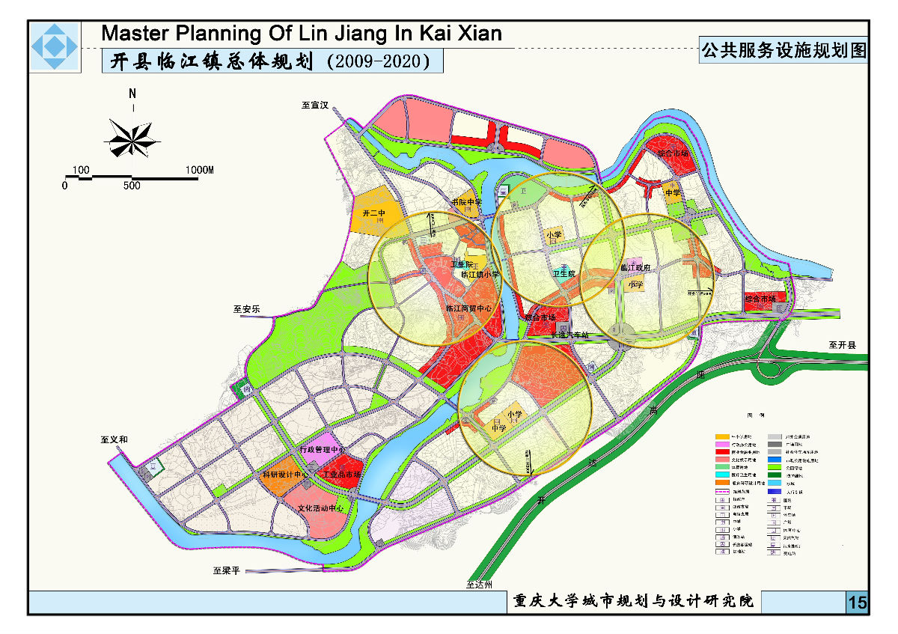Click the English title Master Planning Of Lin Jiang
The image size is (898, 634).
[x=301, y=34]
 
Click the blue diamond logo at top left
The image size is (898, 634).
[x=54, y=47]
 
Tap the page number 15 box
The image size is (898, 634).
[x=858, y=603]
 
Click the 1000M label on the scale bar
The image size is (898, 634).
[x=199, y=171]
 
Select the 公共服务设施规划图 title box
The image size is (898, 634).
[x=783, y=51]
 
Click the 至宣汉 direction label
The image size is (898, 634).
[x=315, y=106]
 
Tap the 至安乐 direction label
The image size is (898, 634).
[x=245, y=308]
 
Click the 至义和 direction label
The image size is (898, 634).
[x=114, y=440]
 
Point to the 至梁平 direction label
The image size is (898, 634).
[x=225, y=571]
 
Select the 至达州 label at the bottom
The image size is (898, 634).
[x=479, y=585]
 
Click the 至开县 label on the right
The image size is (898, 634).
[x=846, y=346]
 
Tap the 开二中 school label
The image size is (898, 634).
[x=372, y=213]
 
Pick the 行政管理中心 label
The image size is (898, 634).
[x=320, y=450]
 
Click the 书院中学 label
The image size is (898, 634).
[x=466, y=202]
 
